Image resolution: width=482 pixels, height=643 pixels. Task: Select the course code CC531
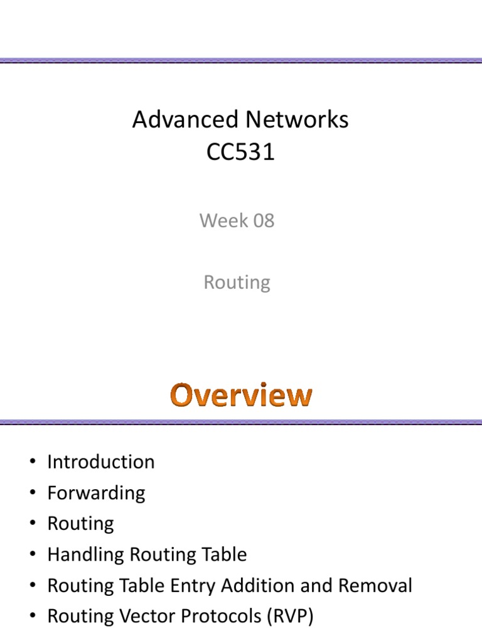point(241,153)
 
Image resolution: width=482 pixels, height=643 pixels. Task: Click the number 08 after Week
point(261,221)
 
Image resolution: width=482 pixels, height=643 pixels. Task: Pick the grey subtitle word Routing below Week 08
point(237,283)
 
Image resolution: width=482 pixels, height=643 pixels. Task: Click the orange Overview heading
point(241,395)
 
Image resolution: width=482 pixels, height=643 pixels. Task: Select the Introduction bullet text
point(100,462)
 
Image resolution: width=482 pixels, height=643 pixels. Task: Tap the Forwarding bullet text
point(96,493)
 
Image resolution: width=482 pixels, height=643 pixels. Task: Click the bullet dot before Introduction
point(31,463)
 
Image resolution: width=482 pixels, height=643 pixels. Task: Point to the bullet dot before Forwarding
point(31,494)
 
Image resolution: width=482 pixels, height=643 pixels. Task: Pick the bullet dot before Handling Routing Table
point(31,555)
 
